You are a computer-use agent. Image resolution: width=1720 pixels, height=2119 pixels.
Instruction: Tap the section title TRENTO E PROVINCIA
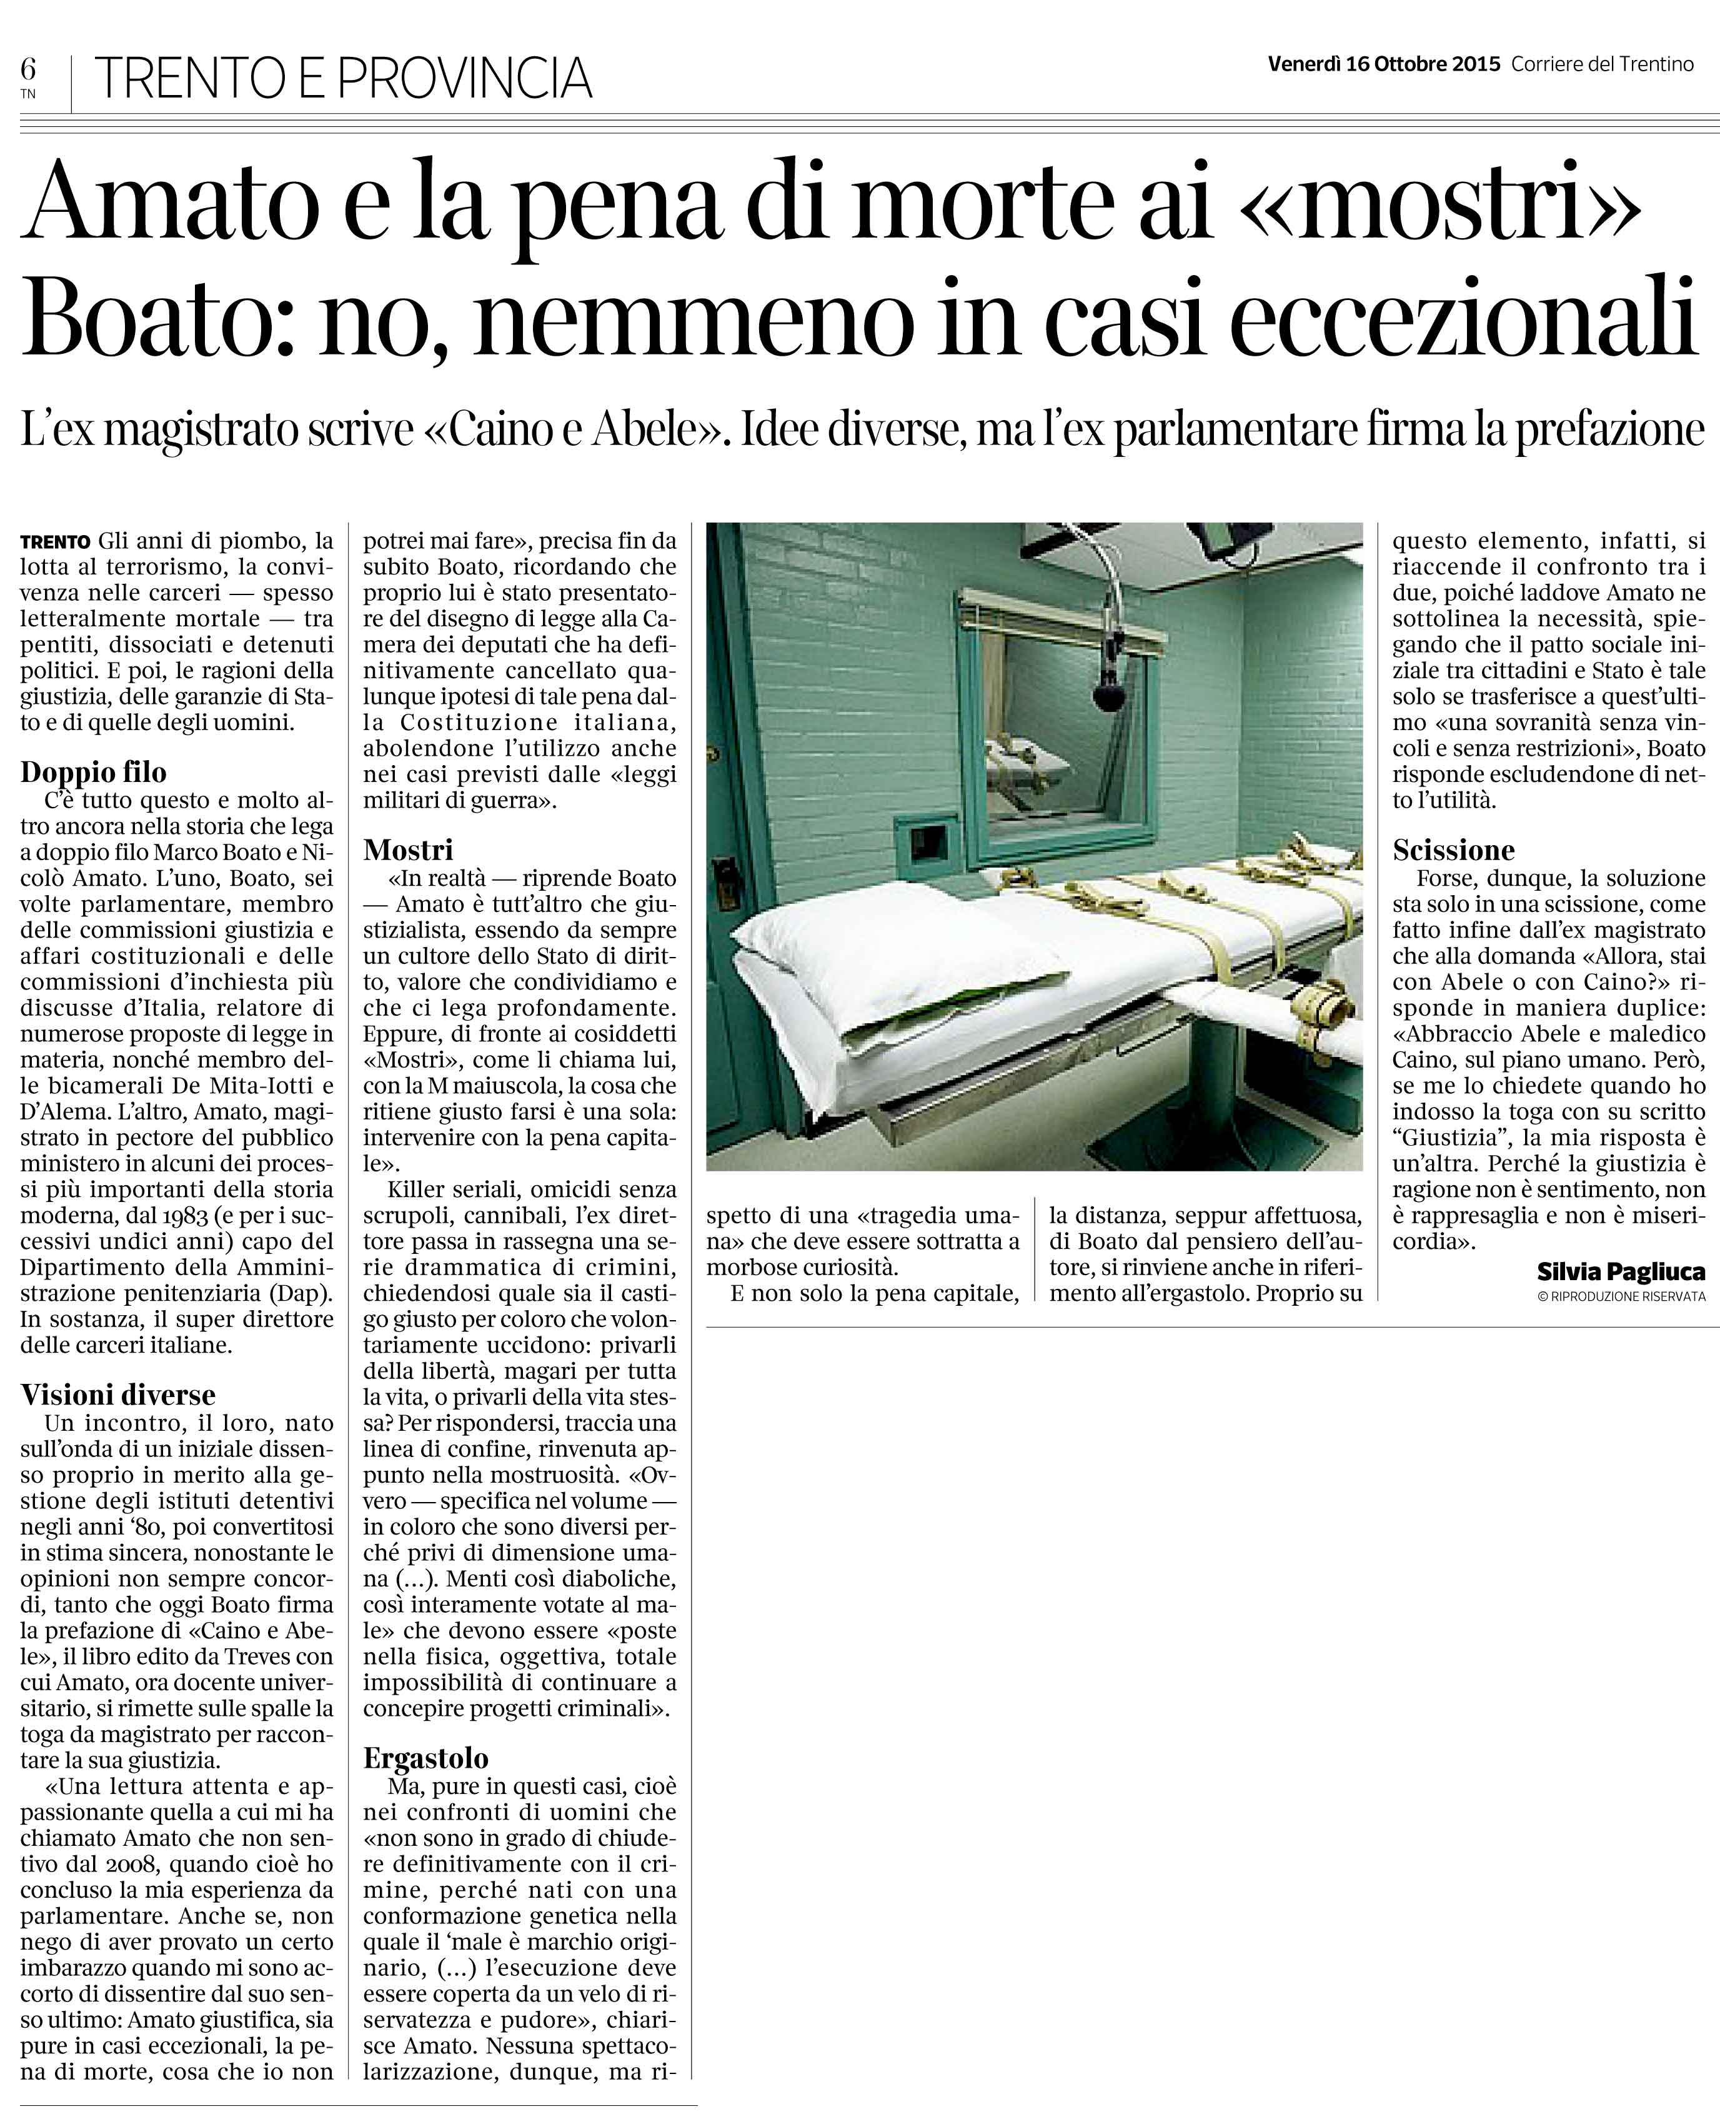click(343, 78)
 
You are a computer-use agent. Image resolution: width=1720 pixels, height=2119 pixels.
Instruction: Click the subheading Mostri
click(408, 849)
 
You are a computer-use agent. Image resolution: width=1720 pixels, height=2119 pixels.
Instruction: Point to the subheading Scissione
click(1453, 849)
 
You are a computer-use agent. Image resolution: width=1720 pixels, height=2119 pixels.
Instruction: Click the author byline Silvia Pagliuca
click(1621, 1271)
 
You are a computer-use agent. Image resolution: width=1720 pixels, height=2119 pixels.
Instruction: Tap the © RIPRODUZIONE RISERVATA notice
click(1622, 1295)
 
